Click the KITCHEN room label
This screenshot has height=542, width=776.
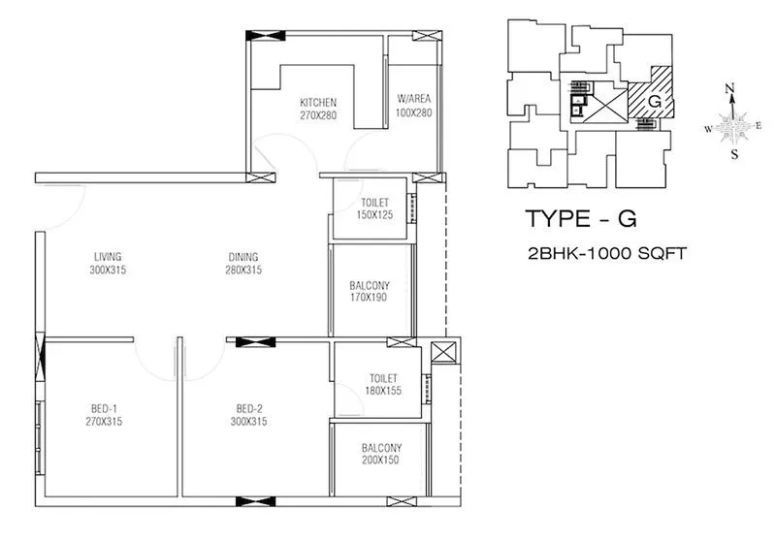317,102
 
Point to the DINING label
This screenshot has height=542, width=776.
242,257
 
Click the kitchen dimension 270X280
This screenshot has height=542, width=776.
317,114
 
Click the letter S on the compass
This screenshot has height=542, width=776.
734,154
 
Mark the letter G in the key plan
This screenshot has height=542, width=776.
656,99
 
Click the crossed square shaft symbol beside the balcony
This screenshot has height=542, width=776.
442,353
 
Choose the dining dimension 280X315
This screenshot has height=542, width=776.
242,271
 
